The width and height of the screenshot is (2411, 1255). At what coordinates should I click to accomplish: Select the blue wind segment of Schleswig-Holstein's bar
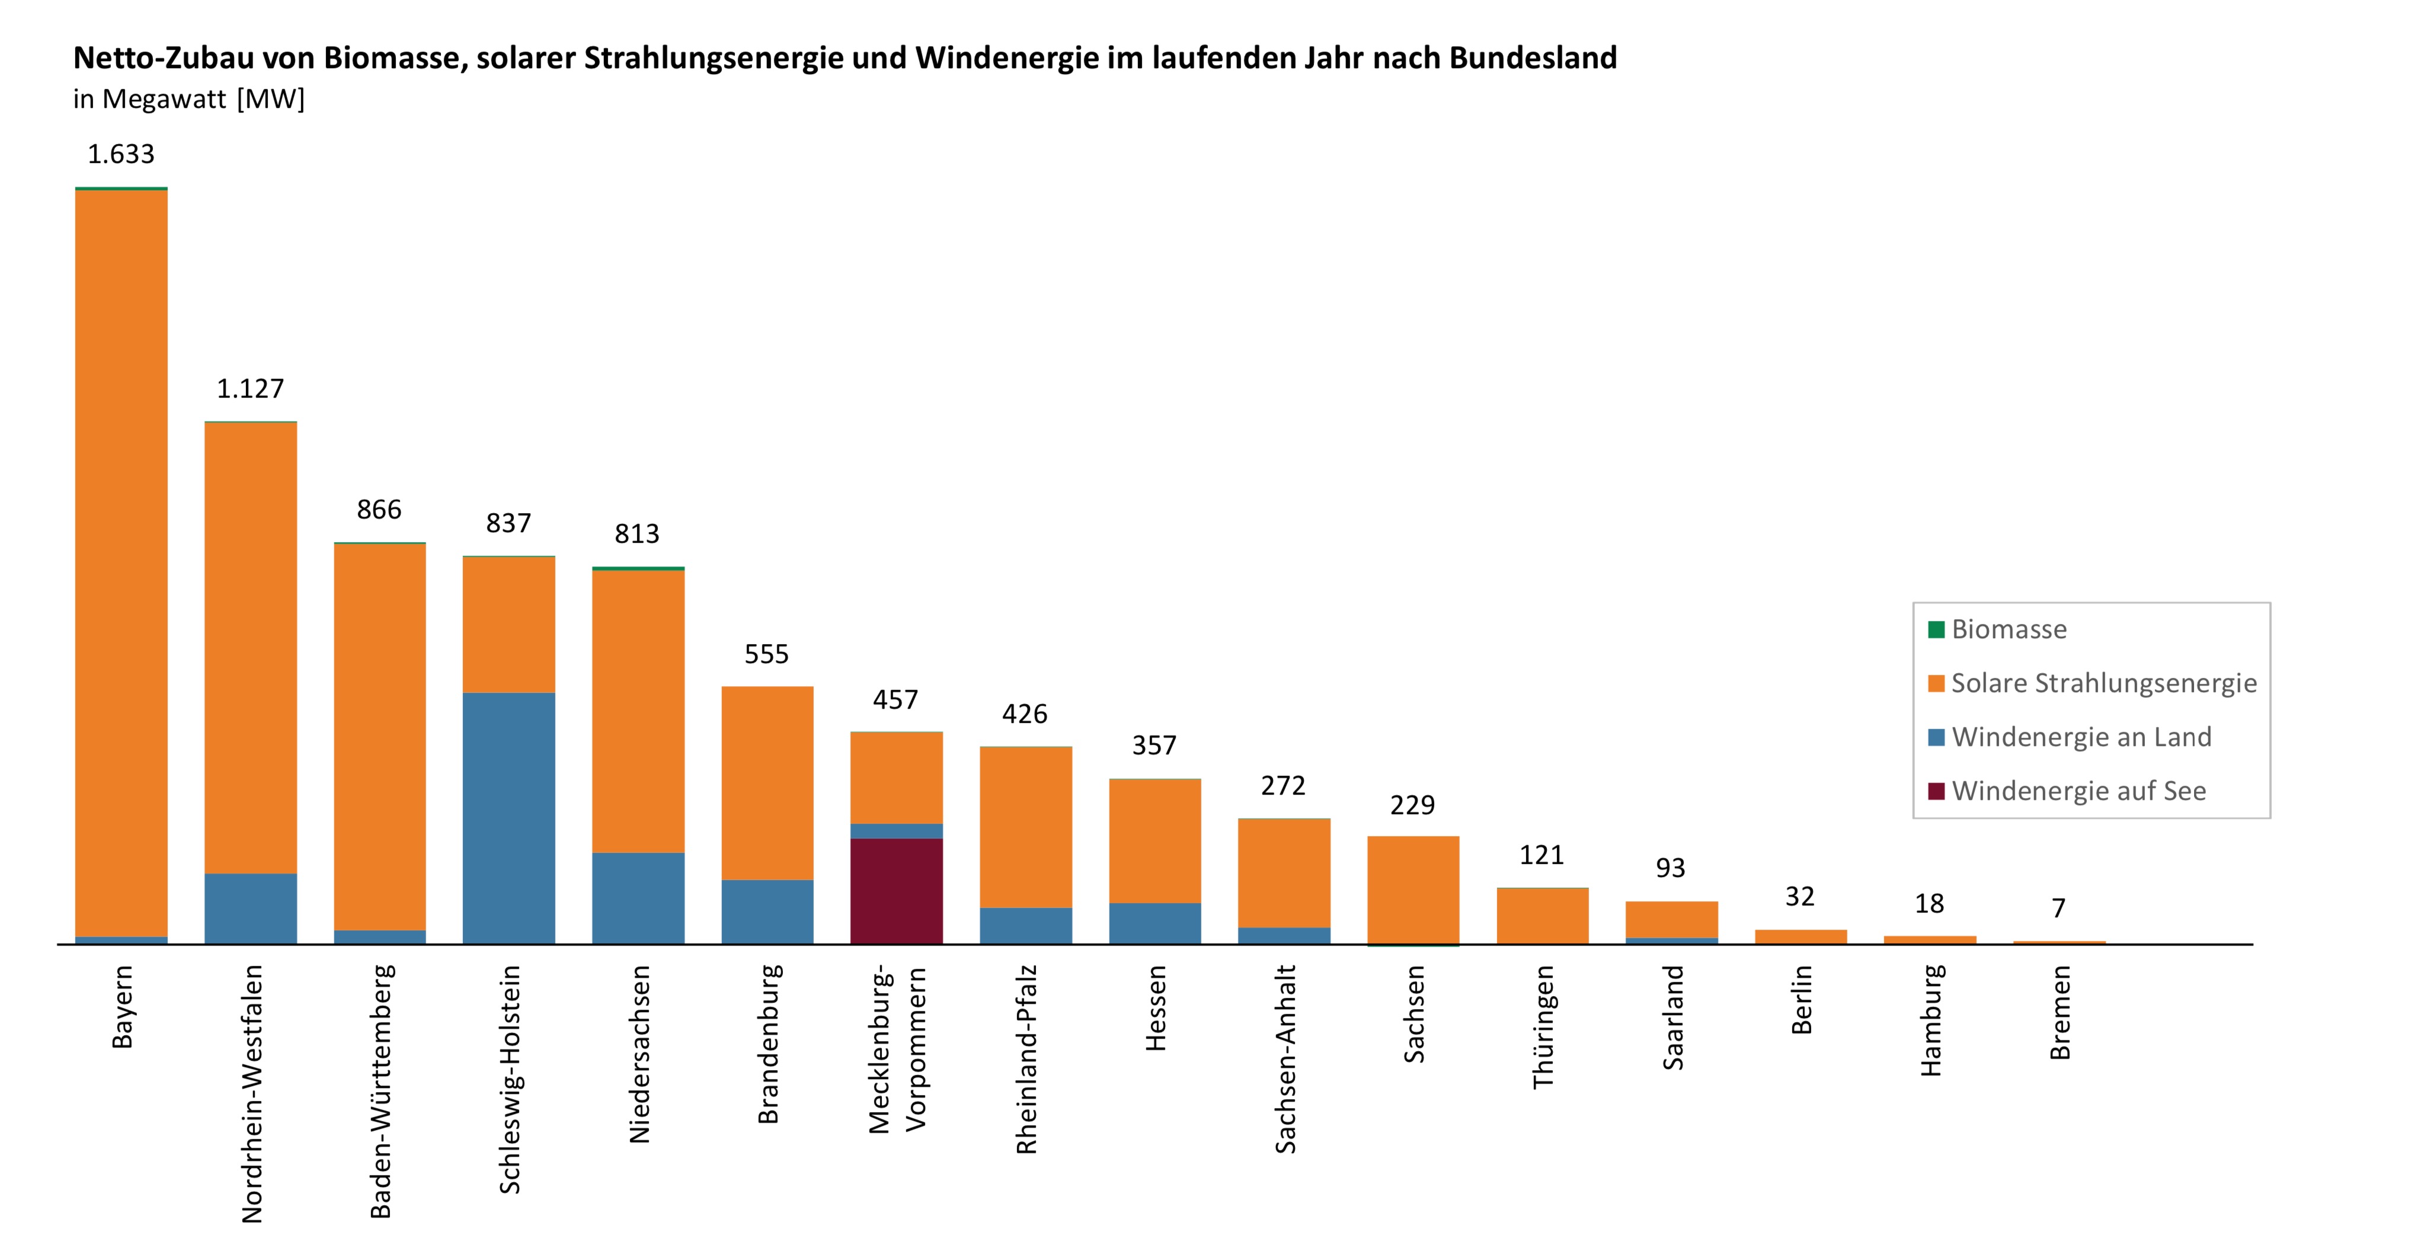pos(509,818)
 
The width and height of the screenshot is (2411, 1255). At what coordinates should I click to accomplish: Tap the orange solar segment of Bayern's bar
pos(121,562)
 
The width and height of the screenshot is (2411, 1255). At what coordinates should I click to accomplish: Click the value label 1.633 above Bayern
pos(121,155)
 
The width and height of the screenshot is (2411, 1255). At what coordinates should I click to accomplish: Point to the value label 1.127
pos(250,388)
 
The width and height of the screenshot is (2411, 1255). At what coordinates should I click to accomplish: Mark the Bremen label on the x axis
pos(2060,1013)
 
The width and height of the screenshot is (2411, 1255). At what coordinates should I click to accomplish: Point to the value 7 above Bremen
pos(2058,908)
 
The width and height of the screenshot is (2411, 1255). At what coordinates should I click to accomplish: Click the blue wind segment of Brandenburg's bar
pos(766,911)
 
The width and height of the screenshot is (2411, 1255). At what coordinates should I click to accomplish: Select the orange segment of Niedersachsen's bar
pos(637,711)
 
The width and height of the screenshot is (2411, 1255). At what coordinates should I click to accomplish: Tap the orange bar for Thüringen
pos(1542,915)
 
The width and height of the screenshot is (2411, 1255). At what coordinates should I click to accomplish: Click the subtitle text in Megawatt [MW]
pos(189,99)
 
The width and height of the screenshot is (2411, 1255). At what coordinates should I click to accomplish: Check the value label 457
pos(895,700)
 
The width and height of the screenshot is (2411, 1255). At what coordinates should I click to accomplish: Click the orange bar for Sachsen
pos(1412,889)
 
